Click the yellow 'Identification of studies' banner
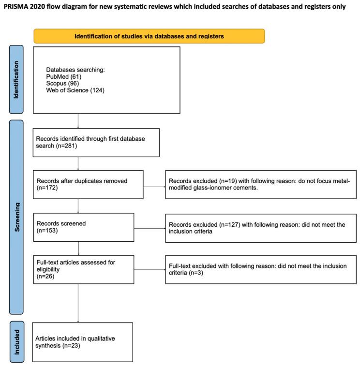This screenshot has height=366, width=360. pos(149,36)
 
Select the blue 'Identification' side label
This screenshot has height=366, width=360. pos(16,80)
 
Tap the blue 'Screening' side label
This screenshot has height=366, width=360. pos(16,217)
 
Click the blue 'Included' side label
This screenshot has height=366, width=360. pos(16,341)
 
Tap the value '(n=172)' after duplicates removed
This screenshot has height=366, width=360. pos(47,188)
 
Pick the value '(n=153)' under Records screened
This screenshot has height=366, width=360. pos(47,231)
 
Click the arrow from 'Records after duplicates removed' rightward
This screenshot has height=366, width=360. pos(154,184)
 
